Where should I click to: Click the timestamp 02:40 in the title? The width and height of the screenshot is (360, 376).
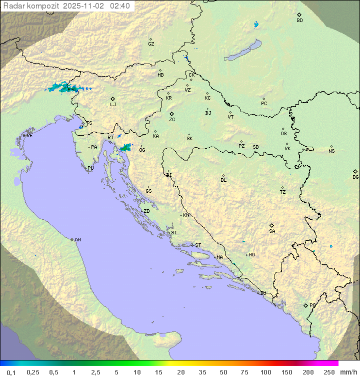point(119,6)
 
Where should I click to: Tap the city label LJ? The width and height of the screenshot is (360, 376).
point(113,104)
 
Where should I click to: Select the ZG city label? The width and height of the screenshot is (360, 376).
point(172,120)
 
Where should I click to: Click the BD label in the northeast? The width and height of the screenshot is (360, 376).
point(299,21)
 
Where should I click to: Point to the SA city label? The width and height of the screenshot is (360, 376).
point(272,231)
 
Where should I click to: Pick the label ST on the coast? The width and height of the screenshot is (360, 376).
point(198,245)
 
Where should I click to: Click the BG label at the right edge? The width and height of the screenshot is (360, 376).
point(355,177)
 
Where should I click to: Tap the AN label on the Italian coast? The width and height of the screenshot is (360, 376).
point(77,240)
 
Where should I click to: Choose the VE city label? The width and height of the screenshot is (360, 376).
point(29,136)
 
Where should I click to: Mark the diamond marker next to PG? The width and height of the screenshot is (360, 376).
point(305,305)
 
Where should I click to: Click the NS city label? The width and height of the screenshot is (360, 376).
point(331,151)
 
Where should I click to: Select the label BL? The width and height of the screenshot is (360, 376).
point(223,180)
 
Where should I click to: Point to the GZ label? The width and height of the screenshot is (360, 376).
point(151,44)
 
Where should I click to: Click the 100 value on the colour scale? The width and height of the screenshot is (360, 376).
point(265,372)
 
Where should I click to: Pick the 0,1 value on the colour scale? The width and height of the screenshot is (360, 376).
point(11,372)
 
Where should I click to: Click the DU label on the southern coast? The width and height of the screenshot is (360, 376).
point(262,293)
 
